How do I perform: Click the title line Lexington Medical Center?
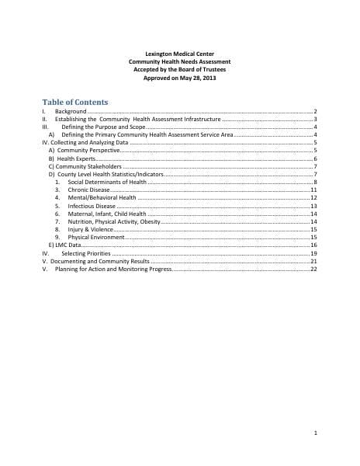tap(179, 54)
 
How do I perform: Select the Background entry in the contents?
tap(71, 113)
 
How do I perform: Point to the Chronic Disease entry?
tap(88, 190)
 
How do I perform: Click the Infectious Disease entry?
tap(92, 206)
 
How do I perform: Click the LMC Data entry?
tap(64, 245)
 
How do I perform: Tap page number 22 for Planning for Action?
tap(313, 270)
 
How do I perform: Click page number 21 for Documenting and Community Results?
tap(313, 262)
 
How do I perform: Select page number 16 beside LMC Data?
tap(313, 245)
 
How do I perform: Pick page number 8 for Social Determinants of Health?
tap(314, 182)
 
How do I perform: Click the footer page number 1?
tap(316, 432)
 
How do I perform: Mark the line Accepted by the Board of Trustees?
tap(179, 70)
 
